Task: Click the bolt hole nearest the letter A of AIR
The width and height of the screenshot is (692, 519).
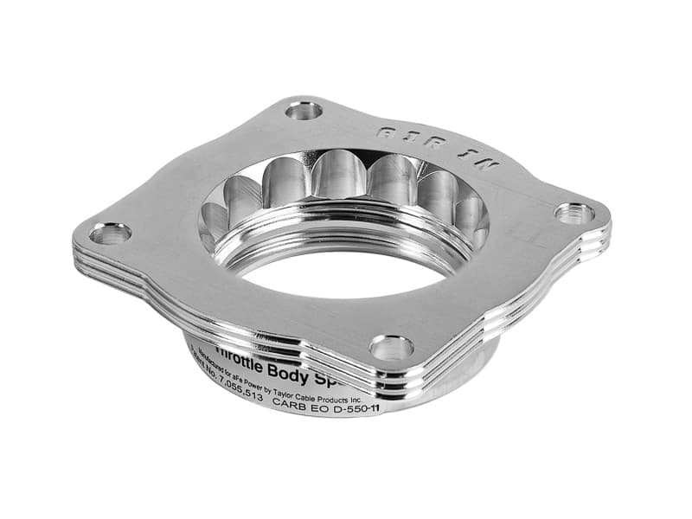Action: [304, 110]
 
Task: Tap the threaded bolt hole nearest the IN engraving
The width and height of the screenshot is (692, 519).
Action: [573, 213]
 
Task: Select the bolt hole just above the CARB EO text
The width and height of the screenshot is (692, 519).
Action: [391, 348]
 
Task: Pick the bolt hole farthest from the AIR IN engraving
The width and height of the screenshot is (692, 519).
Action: [110, 234]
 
